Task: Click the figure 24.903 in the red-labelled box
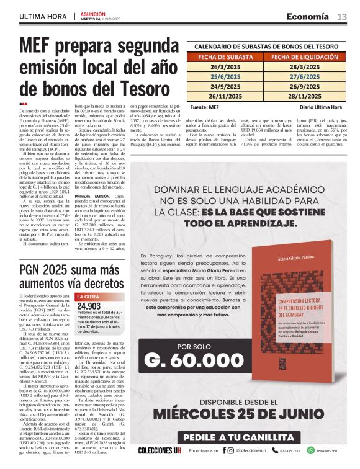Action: tap(89, 306)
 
